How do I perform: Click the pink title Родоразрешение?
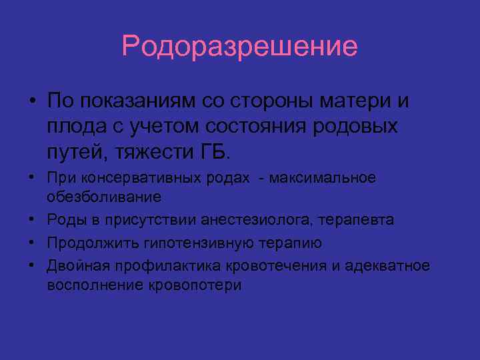click(240, 47)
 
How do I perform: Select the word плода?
click(71, 126)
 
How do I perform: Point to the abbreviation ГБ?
click(213, 151)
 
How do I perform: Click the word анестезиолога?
click(249, 221)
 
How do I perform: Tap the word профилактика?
click(157, 266)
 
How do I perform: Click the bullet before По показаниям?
click(31, 102)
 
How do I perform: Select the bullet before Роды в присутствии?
click(31, 221)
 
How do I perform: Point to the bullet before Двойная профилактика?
click(31, 266)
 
